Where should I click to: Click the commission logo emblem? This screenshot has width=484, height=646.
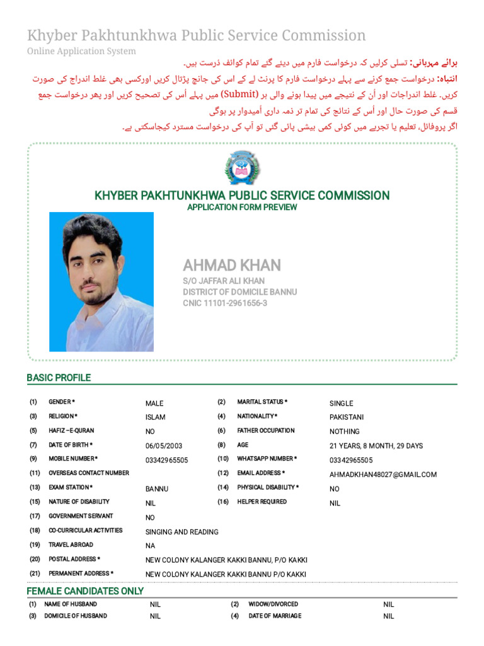pyautogui.click(x=242, y=169)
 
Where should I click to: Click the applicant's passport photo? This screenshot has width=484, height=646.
pyautogui.click(x=101, y=281)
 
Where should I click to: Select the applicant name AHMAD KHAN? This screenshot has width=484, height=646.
pyautogui.click(x=232, y=265)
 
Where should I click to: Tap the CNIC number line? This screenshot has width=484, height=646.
pyautogui.click(x=225, y=303)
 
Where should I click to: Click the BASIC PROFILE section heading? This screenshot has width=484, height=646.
pyautogui.click(x=59, y=378)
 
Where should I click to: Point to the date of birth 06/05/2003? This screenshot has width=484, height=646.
pyautogui.click(x=163, y=446)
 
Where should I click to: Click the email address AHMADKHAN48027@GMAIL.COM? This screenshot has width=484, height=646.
pyautogui.click(x=383, y=475)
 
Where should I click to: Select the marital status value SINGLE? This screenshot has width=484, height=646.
pyautogui.click(x=341, y=404)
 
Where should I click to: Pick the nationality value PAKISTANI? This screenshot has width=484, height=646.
pyautogui.click(x=346, y=418)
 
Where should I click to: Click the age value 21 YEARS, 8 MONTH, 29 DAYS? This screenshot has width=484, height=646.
pyautogui.click(x=376, y=446)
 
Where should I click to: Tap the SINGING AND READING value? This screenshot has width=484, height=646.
pyautogui.click(x=181, y=532)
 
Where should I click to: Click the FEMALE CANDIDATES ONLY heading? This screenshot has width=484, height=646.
pyautogui.click(x=85, y=591)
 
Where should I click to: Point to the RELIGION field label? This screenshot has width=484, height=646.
pyautogui.click(x=63, y=416)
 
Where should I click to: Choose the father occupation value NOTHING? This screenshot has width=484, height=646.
pyautogui.click(x=344, y=432)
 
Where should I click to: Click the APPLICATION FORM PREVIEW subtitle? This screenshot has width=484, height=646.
pyautogui.click(x=242, y=208)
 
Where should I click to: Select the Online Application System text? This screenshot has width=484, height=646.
pyautogui.click(x=81, y=51)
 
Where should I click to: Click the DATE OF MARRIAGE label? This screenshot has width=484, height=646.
pyautogui.click(x=274, y=616)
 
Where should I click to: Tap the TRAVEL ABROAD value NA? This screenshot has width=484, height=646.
pyautogui.click(x=150, y=546)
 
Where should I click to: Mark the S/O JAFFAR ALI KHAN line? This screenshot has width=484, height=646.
pyautogui.click(x=224, y=281)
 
